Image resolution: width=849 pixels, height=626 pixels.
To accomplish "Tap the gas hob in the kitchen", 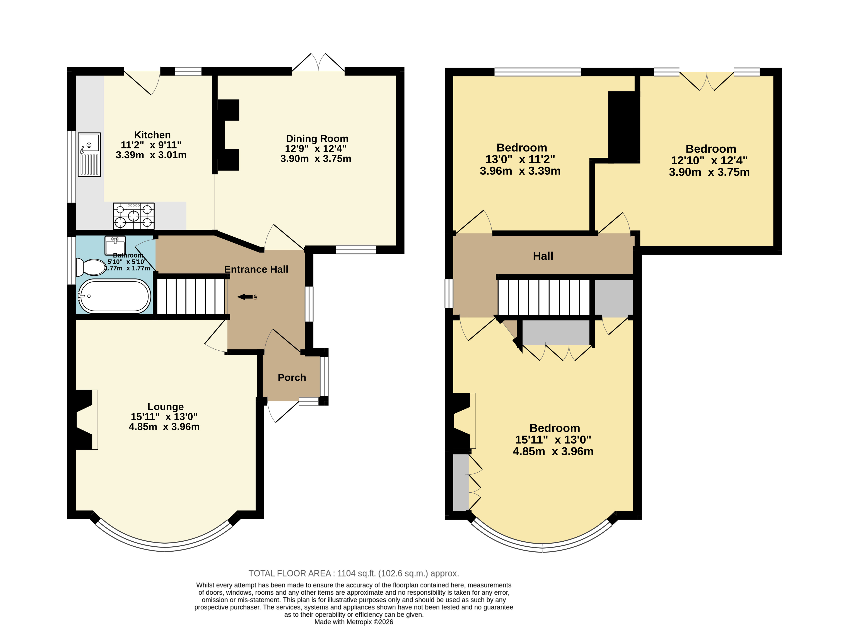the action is coord(134,216).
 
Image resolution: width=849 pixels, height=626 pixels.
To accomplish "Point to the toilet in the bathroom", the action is coord(91,267).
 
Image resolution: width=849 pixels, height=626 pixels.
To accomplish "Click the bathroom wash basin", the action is coord(115,246).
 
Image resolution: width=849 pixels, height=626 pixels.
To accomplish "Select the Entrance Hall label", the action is coord(256,270).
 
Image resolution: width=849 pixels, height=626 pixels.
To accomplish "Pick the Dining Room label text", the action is coord(317,139).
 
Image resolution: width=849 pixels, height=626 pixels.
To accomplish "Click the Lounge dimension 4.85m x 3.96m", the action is coord(164,427).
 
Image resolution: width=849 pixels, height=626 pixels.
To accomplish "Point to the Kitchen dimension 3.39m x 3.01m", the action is coord(151,155).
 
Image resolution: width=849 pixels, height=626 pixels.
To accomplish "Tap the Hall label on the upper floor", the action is coord(543,256).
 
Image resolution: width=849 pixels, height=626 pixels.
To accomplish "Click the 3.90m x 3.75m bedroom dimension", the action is coord(709,172).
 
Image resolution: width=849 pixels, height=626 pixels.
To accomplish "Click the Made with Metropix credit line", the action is coord(354,622).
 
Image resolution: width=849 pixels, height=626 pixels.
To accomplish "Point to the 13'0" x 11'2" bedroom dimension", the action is coord(520,159).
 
